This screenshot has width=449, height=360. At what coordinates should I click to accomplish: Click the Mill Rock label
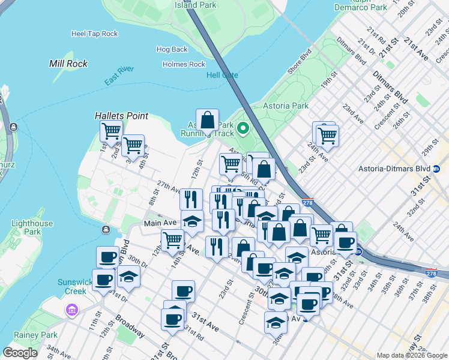point(68,63)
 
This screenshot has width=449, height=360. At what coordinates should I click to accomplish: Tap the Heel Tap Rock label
point(94,34)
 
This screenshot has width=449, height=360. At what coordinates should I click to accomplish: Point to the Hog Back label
point(172,49)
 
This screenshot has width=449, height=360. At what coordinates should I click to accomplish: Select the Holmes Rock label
point(184,64)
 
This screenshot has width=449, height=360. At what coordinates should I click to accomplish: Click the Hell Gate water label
point(222,75)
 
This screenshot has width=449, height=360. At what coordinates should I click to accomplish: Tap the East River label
point(118,82)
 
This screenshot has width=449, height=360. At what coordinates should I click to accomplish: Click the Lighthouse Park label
point(32,227)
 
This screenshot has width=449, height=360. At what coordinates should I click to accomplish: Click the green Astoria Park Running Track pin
point(243,128)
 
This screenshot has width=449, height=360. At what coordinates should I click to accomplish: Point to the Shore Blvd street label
point(298,62)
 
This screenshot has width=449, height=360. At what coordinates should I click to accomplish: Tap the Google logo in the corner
point(20,353)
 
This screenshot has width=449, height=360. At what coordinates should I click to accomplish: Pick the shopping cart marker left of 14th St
point(172,240)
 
